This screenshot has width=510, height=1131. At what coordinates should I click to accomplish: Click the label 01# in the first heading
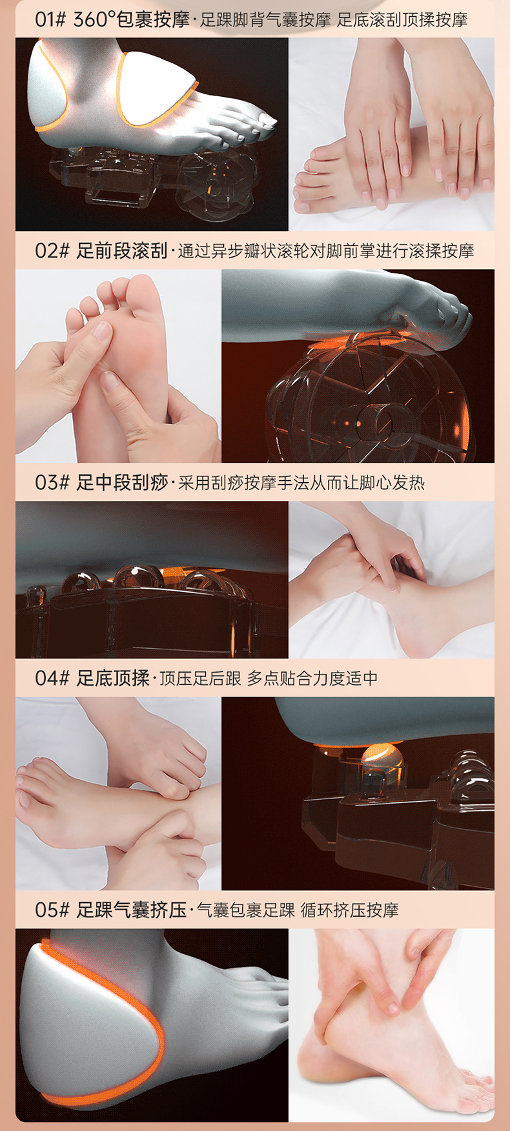click(50, 19)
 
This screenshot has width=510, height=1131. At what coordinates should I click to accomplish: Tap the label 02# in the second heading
click(52, 250)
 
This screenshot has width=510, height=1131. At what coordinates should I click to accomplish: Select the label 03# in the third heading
click(52, 482)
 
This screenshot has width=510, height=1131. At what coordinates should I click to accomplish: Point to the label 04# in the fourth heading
click(52, 678)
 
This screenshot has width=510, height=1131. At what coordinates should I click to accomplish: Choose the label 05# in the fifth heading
click(52, 910)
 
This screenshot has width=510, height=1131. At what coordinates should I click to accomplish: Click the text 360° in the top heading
click(94, 19)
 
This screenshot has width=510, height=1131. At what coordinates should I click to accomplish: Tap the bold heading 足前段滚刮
click(122, 250)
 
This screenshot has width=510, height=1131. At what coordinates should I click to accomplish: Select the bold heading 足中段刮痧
click(122, 482)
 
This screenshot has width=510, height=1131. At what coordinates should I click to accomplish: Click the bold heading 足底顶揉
click(113, 678)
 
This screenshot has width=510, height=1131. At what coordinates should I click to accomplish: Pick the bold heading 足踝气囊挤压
click(132, 910)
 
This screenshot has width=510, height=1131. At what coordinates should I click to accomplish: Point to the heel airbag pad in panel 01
click(46, 87)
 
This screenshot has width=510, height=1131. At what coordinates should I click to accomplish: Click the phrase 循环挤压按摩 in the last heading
click(350, 910)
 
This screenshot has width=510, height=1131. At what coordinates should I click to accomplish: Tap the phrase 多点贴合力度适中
click(312, 678)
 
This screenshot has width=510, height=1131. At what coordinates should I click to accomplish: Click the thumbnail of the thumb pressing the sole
click(118, 366)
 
